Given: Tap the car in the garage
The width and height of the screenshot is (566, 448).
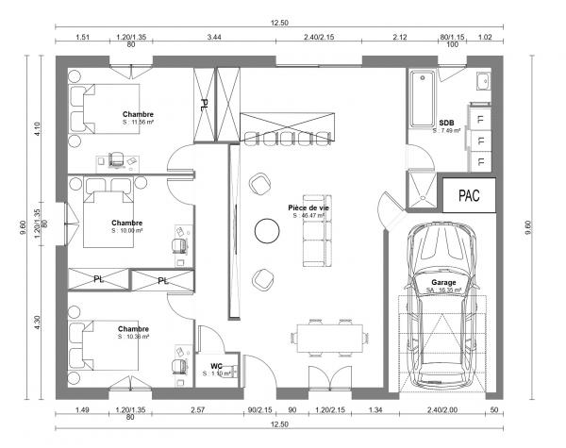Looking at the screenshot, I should pos(442,302).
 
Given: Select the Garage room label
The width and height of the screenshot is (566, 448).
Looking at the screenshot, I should pos(443,283).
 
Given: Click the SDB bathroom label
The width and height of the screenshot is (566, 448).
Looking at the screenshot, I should pos(446,123).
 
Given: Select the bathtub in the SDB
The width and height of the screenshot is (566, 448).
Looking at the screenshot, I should pos(421,100).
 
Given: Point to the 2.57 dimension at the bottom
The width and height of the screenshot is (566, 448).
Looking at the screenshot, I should pos(197,410).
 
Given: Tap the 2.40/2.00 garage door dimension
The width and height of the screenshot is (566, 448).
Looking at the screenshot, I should pos(441,410).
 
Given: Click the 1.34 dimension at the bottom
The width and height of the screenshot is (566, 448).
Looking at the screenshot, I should pos(375,410).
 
